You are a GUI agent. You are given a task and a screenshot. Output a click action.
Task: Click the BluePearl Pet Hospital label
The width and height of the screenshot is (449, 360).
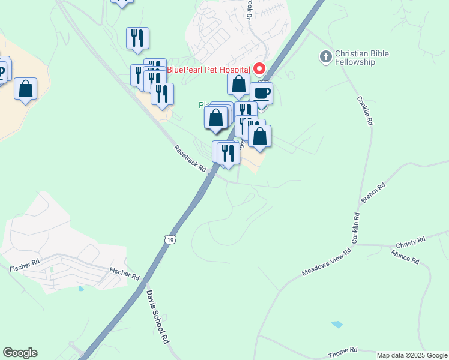point(208,70)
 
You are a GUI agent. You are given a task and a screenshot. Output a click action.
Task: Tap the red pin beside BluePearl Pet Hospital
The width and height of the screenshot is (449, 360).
point(260,69)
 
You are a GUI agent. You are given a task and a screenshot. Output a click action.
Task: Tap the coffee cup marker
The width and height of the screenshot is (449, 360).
point(261,94)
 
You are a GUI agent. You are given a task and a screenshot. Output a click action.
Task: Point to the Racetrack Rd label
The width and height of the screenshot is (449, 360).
point(190,158)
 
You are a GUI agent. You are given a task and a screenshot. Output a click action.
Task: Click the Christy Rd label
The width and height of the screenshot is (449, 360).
point(411,242)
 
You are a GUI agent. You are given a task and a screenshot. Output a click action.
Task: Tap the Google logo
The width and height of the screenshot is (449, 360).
point(20,353)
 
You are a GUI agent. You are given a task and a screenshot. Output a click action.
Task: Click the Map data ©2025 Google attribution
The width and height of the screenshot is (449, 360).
point(412,355)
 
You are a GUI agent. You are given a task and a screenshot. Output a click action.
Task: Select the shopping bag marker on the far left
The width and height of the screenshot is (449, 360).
point(26,89)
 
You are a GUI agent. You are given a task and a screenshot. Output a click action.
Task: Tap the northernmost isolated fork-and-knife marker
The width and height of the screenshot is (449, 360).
point(137,38)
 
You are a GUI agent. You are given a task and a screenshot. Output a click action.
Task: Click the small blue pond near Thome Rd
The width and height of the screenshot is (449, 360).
point(337,325)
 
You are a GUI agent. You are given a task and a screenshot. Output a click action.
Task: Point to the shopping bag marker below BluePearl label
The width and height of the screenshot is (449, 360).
point(238,85)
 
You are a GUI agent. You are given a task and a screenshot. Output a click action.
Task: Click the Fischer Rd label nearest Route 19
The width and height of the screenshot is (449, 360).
point(124,274)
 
